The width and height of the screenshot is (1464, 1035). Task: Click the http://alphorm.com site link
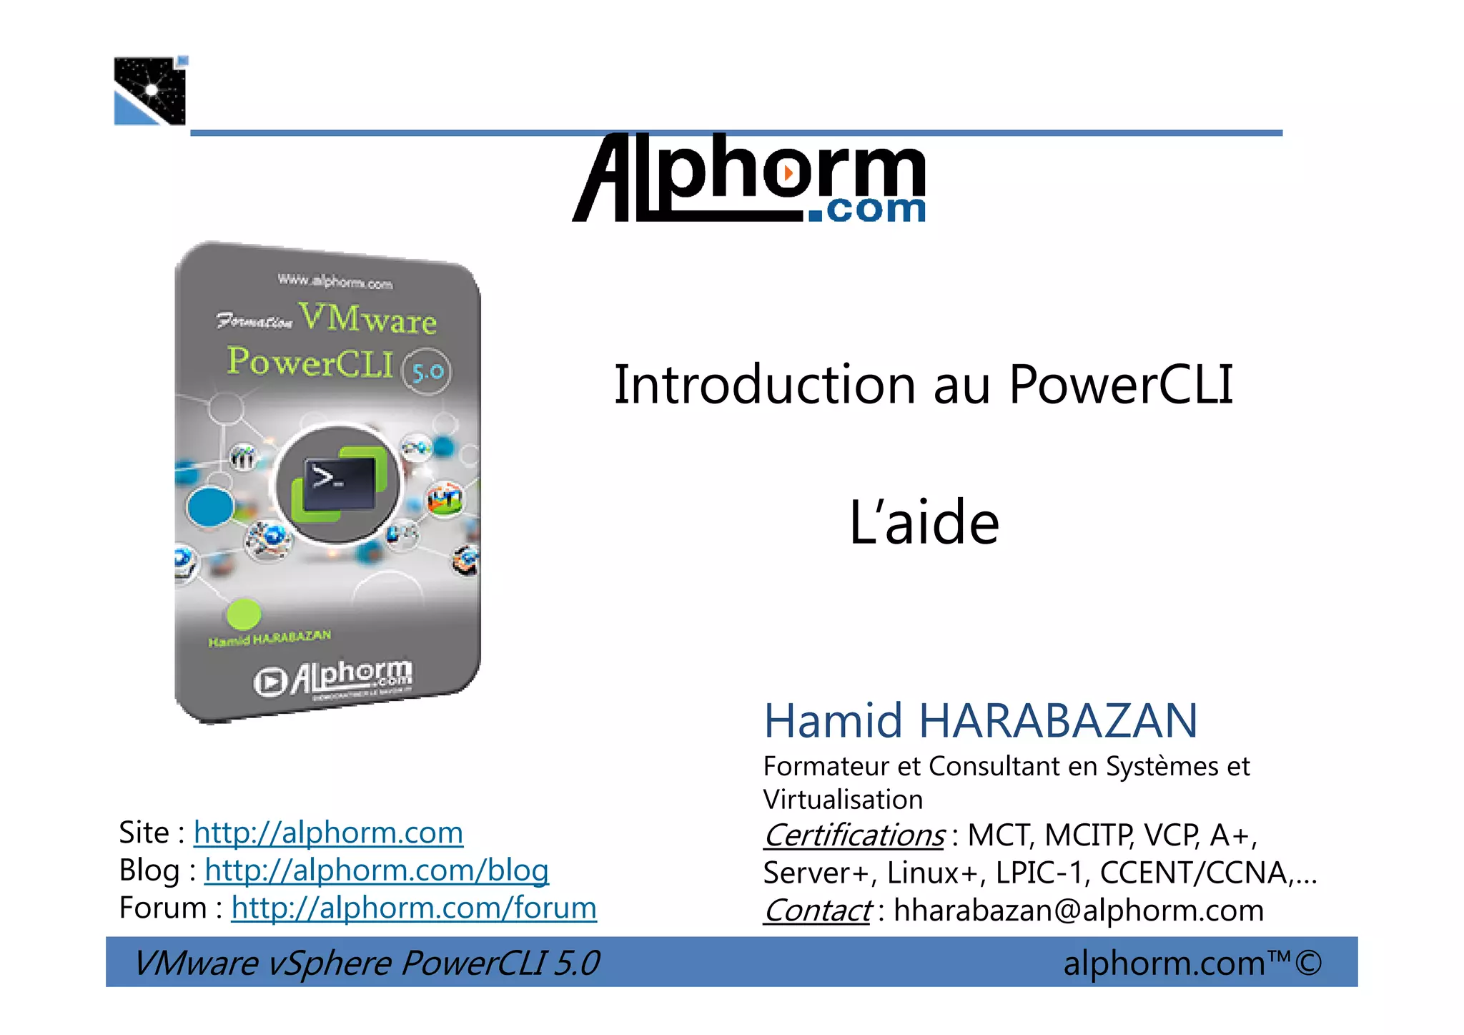[x=328, y=833]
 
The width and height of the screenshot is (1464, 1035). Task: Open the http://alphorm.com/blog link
[x=376, y=870]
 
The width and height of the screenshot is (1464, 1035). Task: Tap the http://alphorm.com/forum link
[x=413, y=908]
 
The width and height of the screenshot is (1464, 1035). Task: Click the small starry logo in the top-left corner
[x=150, y=91]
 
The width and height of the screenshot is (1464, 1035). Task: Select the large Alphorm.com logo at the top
[x=749, y=179]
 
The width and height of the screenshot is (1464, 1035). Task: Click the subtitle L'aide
[x=924, y=523]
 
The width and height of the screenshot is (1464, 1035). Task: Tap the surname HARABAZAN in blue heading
[x=1057, y=720]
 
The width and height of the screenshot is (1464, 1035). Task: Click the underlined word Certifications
[x=854, y=835]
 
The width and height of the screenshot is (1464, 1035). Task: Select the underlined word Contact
[x=817, y=911]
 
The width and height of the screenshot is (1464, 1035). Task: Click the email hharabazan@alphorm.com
[x=1078, y=911]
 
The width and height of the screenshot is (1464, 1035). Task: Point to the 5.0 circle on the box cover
[x=427, y=371]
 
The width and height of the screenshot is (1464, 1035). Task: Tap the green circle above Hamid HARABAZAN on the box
[x=243, y=614]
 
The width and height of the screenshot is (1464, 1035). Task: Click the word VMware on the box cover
[x=367, y=318]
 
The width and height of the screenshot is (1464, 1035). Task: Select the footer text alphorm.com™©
[x=1192, y=963]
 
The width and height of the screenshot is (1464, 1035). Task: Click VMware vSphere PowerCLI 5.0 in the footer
[x=366, y=963]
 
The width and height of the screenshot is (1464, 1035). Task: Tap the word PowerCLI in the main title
[x=1120, y=385]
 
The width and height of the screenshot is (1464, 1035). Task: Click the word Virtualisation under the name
[x=843, y=800]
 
